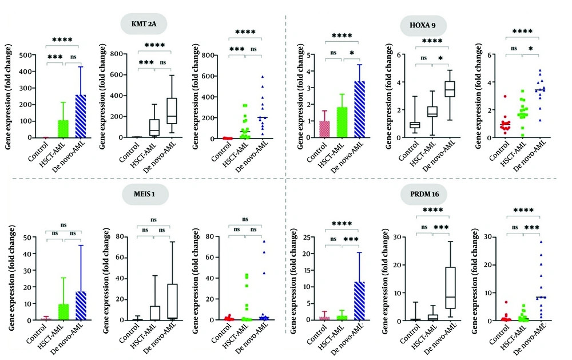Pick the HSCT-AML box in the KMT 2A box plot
point(153,128)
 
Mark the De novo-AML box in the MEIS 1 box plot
point(170,301)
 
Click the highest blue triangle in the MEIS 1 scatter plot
point(264,242)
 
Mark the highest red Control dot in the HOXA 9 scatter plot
point(505,97)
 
